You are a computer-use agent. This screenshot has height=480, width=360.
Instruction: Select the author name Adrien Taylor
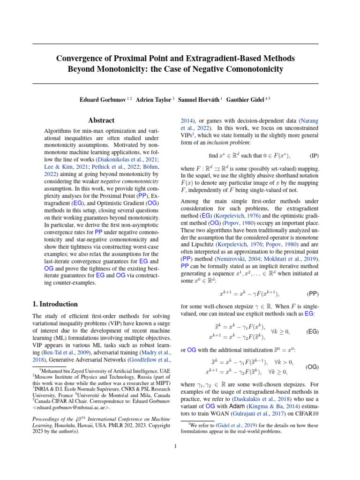152,100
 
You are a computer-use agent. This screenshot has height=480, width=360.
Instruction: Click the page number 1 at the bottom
175,446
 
